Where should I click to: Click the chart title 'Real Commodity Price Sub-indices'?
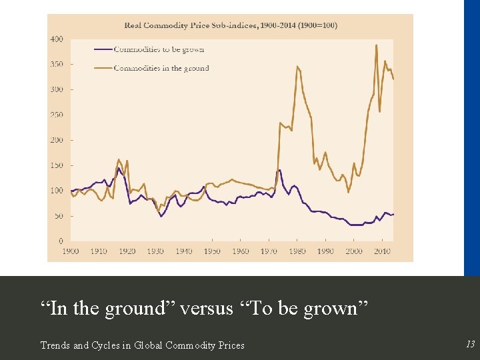[231, 25]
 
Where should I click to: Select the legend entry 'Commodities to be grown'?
[159, 49]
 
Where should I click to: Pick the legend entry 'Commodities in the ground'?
[161, 68]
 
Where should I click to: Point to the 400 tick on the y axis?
[57, 39]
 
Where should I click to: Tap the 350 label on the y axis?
[57, 65]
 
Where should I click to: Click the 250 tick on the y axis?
[57, 115]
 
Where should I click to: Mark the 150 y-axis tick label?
[57, 165]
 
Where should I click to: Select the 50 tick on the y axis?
[59, 216]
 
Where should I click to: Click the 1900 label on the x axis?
[70, 251]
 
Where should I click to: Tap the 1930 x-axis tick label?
[155, 251]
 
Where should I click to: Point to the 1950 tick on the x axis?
[212, 251]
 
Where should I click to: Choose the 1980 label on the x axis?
[297, 251]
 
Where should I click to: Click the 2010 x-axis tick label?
[382, 251]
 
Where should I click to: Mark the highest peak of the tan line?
[377, 45]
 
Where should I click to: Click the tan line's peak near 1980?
[297, 66]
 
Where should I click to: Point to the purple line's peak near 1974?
[279, 170]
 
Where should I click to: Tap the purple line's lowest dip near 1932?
[161, 216]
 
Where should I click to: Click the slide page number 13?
[470, 344]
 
